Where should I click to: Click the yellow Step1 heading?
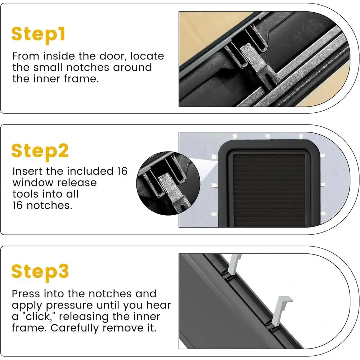(x=39, y=35)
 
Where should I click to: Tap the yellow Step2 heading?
(x=40, y=152)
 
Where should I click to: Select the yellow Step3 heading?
(x=40, y=272)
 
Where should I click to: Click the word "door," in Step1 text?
(x=113, y=56)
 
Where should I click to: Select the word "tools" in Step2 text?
(x=26, y=194)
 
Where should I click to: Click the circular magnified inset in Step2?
(x=168, y=183)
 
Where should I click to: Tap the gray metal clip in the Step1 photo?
(x=257, y=64)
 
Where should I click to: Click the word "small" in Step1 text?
(x=48, y=68)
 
